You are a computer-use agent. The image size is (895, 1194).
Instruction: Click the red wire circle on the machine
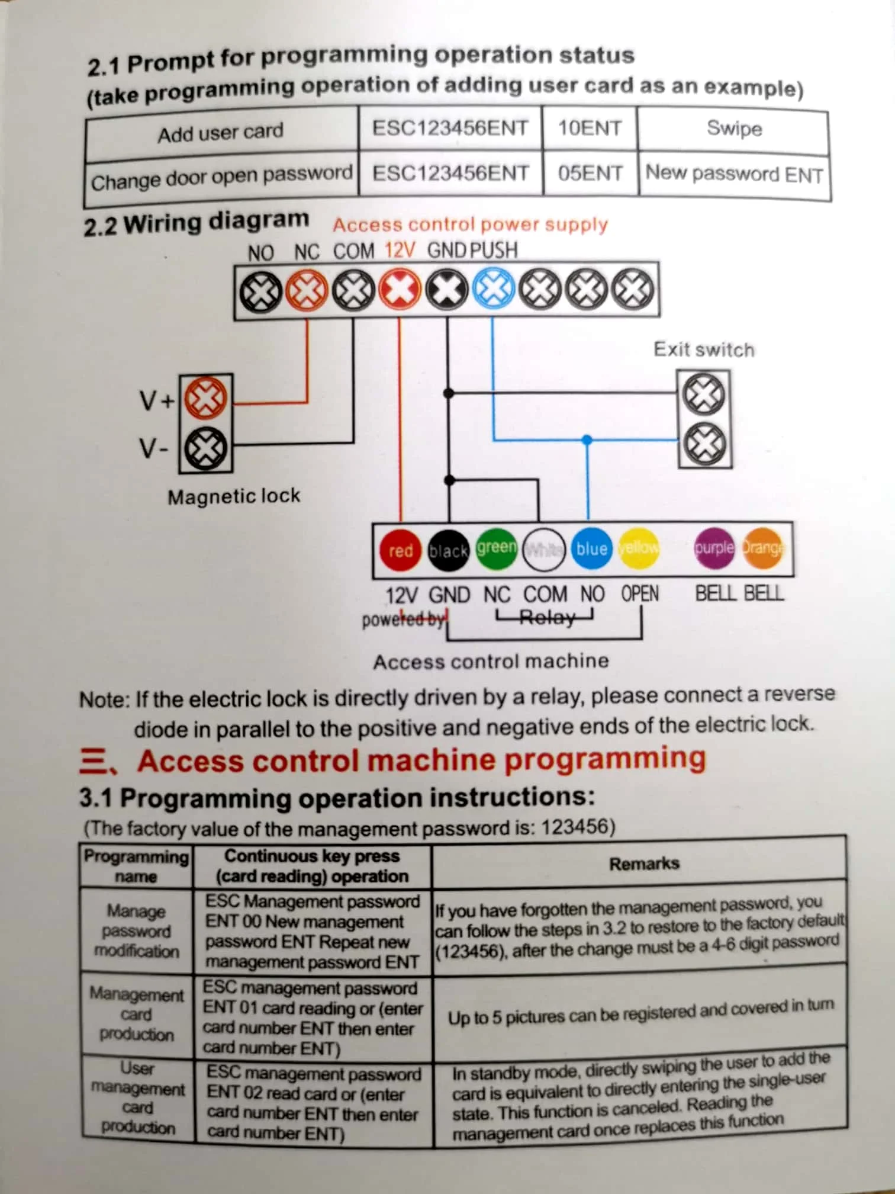pyautogui.click(x=400, y=550)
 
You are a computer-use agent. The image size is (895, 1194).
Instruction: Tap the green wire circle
pyautogui.click(x=496, y=548)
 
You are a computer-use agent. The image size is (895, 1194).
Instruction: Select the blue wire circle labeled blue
pyautogui.click(x=591, y=548)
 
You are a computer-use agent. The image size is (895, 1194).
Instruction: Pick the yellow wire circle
pyautogui.click(x=638, y=548)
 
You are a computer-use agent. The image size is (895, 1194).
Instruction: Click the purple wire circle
pyautogui.click(x=714, y=548)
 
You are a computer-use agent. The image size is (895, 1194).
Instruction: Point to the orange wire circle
pyautogui.click(x=762, y=548)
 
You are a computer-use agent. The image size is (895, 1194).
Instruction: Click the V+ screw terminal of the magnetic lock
pyautogui.click(x=205, y=398)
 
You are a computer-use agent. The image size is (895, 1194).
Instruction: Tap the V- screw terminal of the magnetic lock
pyautogui.click(x=205, y=448)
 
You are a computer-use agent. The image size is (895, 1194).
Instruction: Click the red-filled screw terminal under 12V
pyautogui.click(x=400, y=290)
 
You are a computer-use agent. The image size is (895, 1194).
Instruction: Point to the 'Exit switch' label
pyautogui.click(x=704, y=349)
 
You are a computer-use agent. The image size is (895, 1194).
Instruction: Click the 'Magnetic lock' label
pyautogui.click(x=234, y=496)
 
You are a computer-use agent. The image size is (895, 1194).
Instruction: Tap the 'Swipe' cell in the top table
pyautogui.click(x=734, y=129)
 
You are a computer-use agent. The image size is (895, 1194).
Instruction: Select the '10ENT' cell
pyautogui.click(x=590, y=129)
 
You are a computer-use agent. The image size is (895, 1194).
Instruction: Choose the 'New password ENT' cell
pyautogui.click(x=734, y=174)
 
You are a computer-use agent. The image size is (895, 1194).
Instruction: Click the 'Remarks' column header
pyautogui.click(x=644, y=864)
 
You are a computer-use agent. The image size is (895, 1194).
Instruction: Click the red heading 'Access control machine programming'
pyautogui.click(x=421, y=760)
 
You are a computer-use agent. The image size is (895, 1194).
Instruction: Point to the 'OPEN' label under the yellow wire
pyautogui.click(x=639, y=593)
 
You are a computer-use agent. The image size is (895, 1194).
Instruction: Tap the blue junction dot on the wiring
pyautogui.click(x=587, y=440)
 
